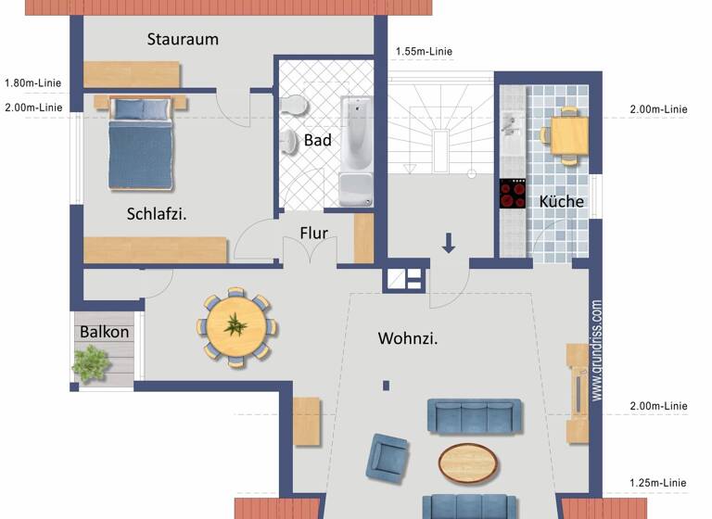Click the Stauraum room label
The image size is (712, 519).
click(183, 39)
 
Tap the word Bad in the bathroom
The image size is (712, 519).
click(318, 140)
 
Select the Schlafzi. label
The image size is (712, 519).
click(157, 213)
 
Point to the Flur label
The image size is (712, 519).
click(313, 233)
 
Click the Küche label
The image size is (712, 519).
click(561, 201)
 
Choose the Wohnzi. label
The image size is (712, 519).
click(408, 338)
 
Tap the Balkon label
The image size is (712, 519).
click(104, 332)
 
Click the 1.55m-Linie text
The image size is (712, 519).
click(424, 52)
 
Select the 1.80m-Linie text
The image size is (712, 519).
click(33, 82)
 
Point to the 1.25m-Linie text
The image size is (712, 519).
click(658, 483)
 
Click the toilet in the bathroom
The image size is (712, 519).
click(293, 103)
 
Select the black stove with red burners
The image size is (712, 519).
click(513, 194)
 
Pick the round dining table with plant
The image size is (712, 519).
click(235, 327)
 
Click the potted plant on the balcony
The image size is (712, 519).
click(91, 362)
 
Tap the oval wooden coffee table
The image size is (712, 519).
click(466, 462)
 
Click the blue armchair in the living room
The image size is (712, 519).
click(388, 456)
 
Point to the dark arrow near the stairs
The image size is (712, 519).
click(449, 243)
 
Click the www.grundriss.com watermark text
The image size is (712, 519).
click(596, 349)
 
